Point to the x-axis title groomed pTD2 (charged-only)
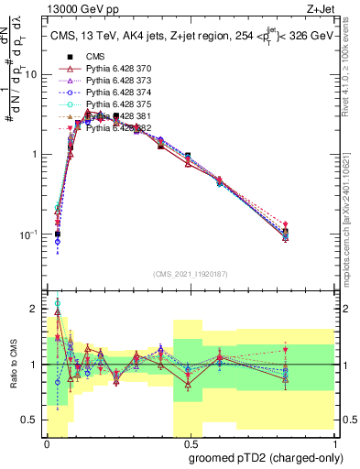pos(265,458)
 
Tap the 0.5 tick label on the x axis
pos(190,442)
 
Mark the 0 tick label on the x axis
pos(47,442)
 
